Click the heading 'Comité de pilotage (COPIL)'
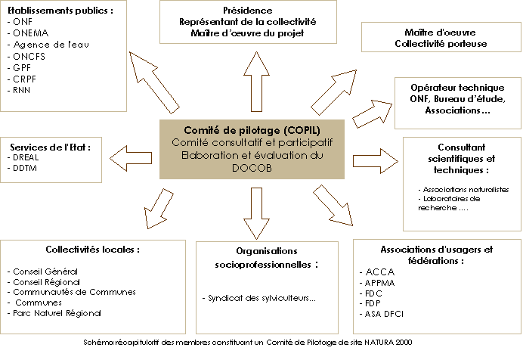click(251, 129)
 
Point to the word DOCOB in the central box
click(251, 167)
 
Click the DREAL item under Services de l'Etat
click(27, 157)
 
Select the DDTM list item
click(26, 168)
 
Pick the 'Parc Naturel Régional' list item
click(57, 312)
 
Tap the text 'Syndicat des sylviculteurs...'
click(259, 298)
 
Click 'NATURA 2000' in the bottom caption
click(388, 342)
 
